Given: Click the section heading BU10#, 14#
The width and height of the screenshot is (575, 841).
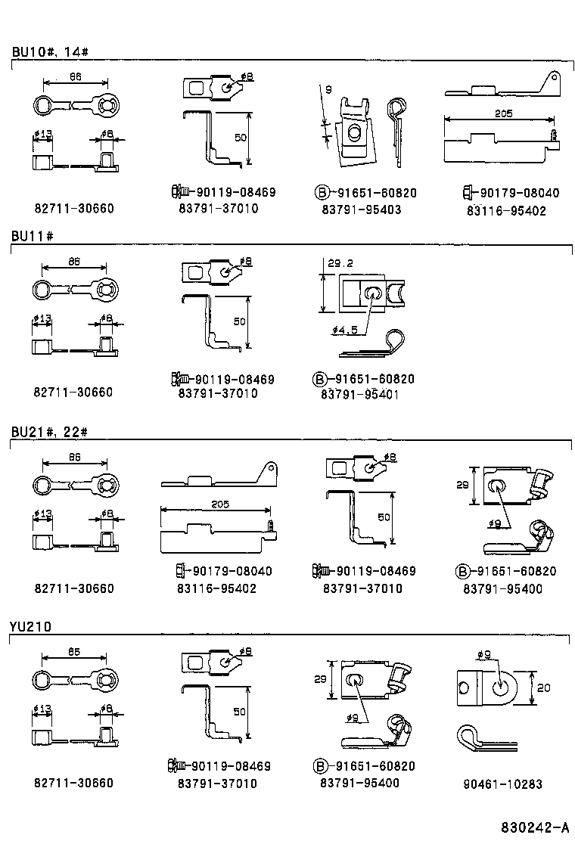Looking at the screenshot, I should tap(51, 52).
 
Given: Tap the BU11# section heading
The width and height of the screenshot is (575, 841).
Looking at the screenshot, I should tap(32, 236).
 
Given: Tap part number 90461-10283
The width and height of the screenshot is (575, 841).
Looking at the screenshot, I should tap(502, 784).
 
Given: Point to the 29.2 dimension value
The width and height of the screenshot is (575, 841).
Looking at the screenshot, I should tap(341, 264).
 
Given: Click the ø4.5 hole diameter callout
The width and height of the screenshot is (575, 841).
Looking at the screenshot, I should tap(344, 331).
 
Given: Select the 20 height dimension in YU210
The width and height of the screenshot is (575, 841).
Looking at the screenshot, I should tap(544, 688).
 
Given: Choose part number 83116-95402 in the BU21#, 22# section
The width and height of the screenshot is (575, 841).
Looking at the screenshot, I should tap(216, 588).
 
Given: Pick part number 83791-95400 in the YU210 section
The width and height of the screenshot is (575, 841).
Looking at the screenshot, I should tap(360, 784).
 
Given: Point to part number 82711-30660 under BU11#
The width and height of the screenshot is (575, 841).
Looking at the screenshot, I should tap(73, 393).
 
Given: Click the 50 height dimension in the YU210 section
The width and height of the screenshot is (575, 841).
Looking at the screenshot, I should tap(238, 712).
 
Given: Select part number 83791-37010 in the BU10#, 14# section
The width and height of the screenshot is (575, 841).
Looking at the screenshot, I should tap(218, 209).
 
